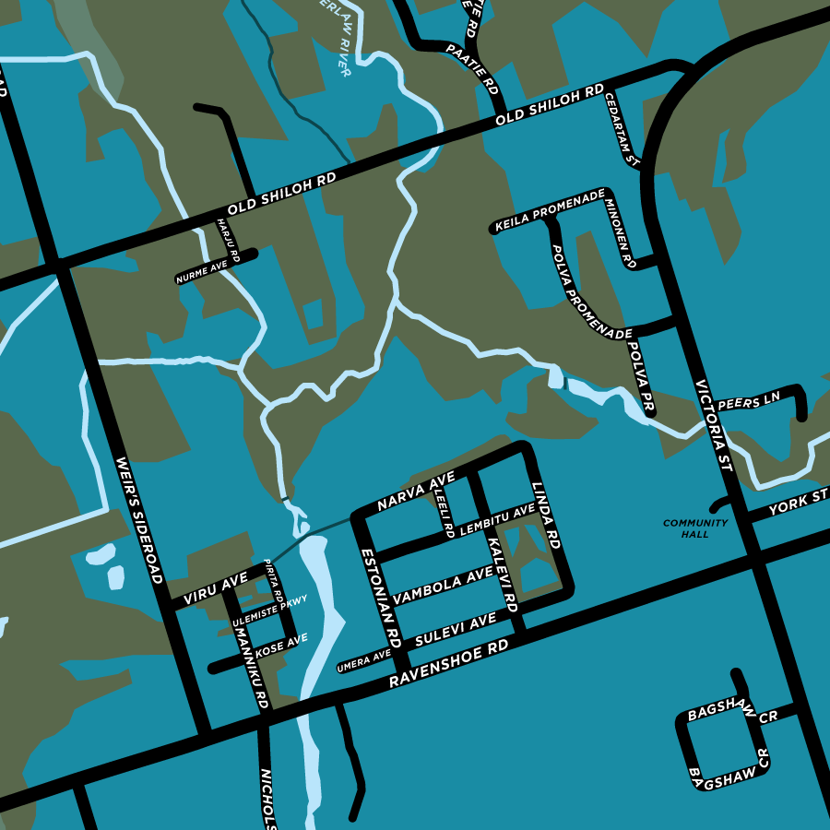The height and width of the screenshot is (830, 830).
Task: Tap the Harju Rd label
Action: (227, 241)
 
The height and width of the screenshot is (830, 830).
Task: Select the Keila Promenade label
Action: (550, 212)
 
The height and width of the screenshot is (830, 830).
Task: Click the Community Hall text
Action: (695, 528)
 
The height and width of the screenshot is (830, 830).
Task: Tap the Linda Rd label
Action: (546, 516)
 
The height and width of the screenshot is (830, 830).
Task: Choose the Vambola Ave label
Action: (443, 587)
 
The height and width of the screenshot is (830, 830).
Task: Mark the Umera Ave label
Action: (364, 660)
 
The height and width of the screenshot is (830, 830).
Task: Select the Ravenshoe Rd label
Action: (449, 665)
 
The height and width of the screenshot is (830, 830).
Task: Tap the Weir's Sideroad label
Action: (139, 519)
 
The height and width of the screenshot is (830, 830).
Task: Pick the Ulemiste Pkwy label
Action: (269, 611)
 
